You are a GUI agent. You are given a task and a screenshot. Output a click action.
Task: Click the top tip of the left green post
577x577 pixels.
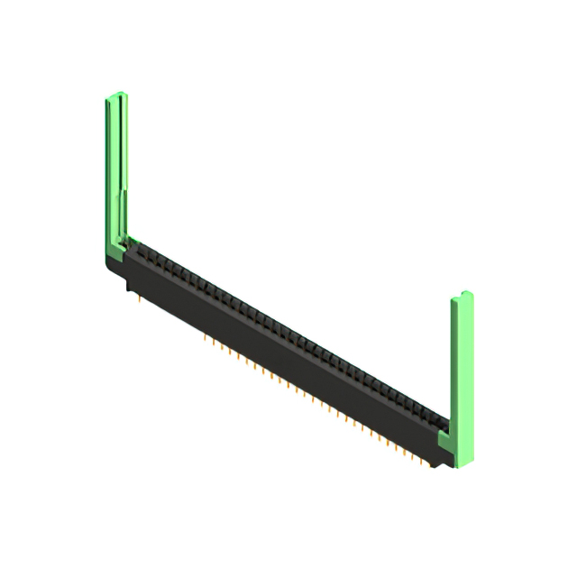coord(116,95)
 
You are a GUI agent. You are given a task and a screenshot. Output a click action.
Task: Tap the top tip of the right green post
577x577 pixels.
coord(462,296)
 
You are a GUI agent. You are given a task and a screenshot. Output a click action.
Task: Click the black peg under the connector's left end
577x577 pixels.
coord(127,287)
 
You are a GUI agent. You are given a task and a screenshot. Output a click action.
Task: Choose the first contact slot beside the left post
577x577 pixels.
coord(137,244)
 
